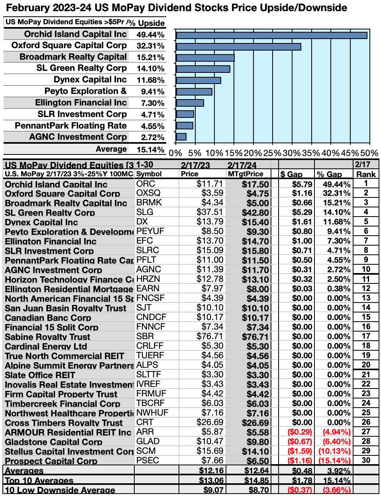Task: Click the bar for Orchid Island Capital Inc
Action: [x=271, y=35]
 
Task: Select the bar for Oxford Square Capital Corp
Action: [x=238, y=47]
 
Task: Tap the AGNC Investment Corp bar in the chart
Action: [x=181, y=137]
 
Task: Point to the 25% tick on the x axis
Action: [x=273, y=153]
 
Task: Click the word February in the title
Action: [x=29, y=8]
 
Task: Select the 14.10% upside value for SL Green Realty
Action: [x=150, y=68]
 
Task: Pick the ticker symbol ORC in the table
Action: [x=145, y=184]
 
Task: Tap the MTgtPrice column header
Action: [x=245, y=174]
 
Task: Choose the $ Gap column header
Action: [x=291, y=174]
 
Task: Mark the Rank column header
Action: [x=366, y=174]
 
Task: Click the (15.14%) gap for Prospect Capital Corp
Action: [x=334, y=461]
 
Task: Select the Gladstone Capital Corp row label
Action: [x=53, y=442]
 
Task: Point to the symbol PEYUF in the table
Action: [x=150, y=231]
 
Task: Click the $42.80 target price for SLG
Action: [x=255, y=213]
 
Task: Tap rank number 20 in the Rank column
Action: [x=366, y=365]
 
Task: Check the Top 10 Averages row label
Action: [x=39, y=480]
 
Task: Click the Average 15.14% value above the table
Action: [x=150, y=150]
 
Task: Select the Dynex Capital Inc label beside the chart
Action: [x=90, y=80]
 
